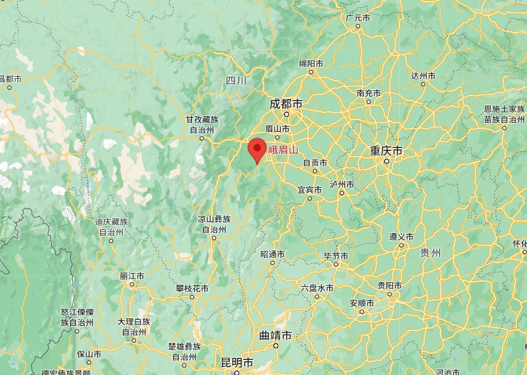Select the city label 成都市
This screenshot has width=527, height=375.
(x=286, y=104)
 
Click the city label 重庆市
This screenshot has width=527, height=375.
(x=386, y=151)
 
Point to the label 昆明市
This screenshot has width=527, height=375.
(x=237, y=363)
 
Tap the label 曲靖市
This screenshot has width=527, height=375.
(x=275, y=335)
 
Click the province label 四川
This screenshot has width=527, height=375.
(x=237, y=81)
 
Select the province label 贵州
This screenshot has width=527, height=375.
(x=430, y=252)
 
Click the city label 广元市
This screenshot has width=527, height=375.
(x=358, y=18)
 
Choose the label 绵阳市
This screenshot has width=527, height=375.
(x=311, y=64)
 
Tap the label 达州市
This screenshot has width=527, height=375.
(x=423, y=76)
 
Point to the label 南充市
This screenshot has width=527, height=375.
(x=368, y=93)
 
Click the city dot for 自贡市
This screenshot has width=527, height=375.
(x=315, y=171)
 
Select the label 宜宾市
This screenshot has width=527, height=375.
(x=310, y=189)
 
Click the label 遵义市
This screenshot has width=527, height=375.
(x=401, y=237)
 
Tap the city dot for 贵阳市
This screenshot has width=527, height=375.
(x=389, y=294)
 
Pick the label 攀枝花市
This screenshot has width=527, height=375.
(x=192, y=289)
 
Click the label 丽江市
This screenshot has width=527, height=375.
(x=132, y=276)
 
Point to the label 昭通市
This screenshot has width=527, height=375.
(x=272, y=254)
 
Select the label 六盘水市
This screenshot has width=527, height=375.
(x=317, y=288)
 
